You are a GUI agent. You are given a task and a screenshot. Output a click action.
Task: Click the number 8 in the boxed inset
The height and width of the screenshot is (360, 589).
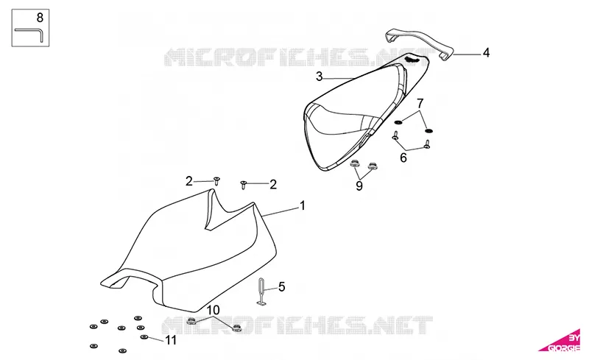pyautogui.click(x=40, y=18)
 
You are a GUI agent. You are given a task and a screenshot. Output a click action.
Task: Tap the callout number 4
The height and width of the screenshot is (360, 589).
pyautogui.click(x=486, y=52)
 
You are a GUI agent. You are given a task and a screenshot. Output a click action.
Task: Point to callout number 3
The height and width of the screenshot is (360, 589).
pyautogui.click(x=320, y=77)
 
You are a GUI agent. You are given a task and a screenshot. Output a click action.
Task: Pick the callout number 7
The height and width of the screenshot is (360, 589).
pyautogui.click(x=420, y=103)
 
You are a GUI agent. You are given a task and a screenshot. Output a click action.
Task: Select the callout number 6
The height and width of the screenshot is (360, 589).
pyautogui.click(x=403, y=158)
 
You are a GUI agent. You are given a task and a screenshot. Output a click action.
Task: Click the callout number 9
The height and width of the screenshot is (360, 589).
pyautogui.click(x=359, y=186)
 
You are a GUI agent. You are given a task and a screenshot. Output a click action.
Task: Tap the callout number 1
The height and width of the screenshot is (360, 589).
pyautogui.click(x=302, y=206)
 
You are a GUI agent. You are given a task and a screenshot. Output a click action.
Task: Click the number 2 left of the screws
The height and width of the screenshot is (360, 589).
pyautogui.click(x=189, y=182)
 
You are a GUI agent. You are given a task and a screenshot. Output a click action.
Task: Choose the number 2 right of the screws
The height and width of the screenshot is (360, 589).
pyautogui.click(x=273, y=185)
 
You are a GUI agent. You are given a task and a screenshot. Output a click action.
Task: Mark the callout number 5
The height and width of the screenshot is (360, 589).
pyautogui.click(x=282, y=287)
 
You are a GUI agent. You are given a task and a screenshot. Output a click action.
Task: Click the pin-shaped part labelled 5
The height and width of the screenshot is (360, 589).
pyautogui.click(x=262, y=292)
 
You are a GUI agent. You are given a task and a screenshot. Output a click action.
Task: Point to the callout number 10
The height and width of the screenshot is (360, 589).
pyautogui.click(x=213, y=310)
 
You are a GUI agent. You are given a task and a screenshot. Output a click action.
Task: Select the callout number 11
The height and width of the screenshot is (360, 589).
pyautogui.click(x=171, y=340)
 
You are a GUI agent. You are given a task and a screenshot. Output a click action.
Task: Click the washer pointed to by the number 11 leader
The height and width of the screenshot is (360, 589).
pyautogui.click(x=144, y=336)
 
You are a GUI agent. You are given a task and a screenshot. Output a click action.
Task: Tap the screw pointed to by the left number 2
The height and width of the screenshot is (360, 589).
pyautogui.click(x=216, y=181)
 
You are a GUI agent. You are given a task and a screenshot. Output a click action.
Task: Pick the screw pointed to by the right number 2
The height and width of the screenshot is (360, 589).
pyautogui.click(x=243, y=185)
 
